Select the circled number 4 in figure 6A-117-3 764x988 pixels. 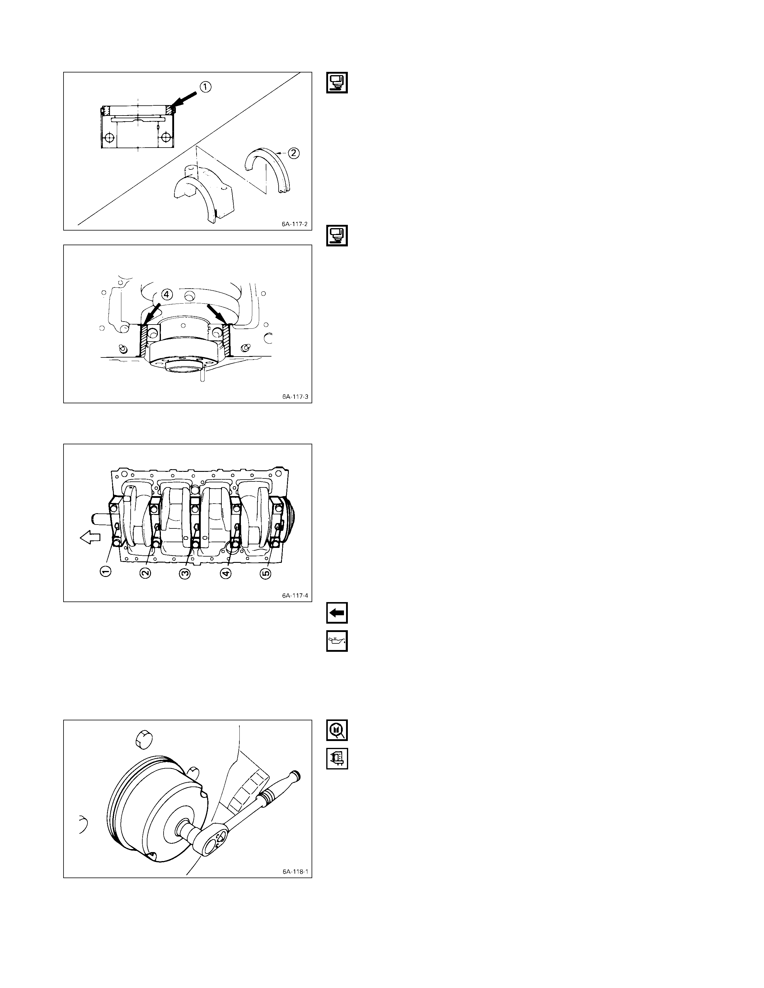[167, 295]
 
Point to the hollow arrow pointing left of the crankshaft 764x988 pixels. [90, 537]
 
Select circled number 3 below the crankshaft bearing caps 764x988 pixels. [185, 573]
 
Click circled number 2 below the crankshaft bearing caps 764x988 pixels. [145, 573]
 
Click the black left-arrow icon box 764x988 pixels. [337, 614]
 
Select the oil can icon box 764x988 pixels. [337, 641]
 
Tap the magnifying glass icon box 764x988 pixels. [337, 731]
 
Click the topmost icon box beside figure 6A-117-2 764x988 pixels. [337, 82]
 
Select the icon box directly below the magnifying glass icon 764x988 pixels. [337, 759]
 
